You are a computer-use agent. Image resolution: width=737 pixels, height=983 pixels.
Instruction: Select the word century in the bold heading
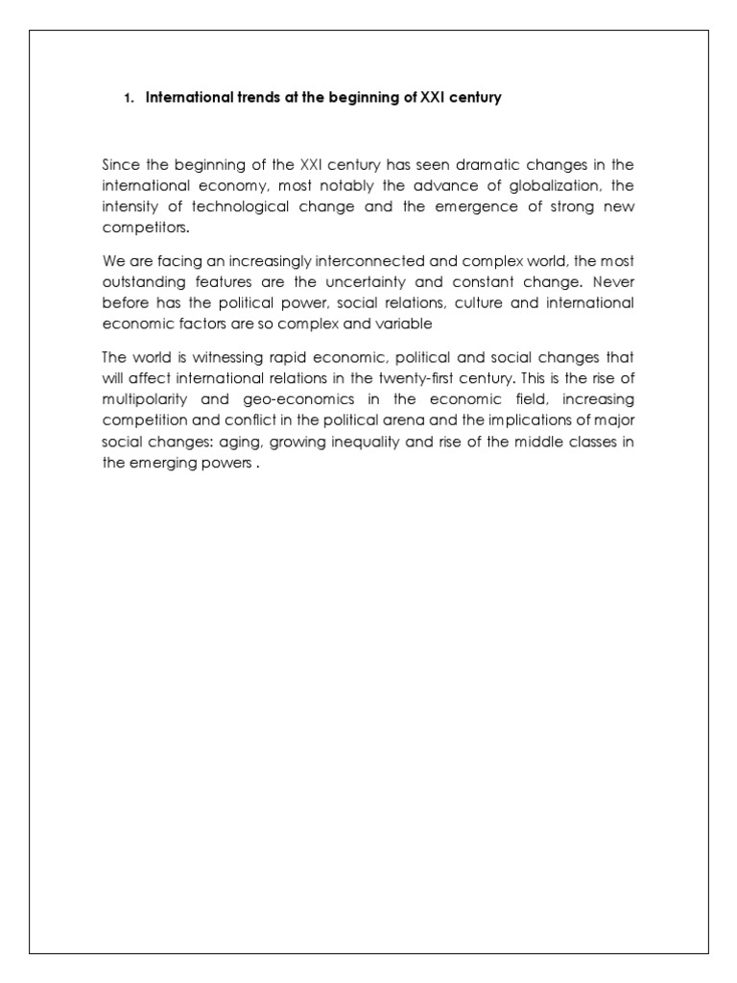click(x=472, y=98)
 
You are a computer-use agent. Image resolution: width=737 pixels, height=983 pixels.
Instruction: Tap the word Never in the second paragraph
click(x=613, y=282)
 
